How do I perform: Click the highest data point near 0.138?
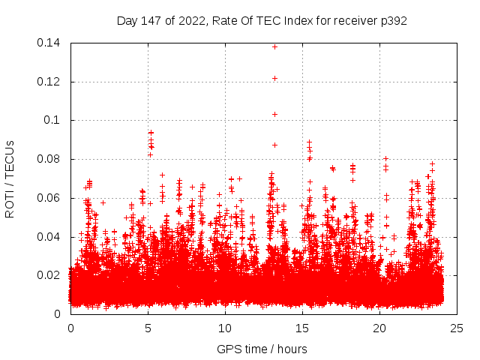274,46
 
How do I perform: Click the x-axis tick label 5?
148,328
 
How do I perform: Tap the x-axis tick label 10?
225,328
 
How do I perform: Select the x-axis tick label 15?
302,328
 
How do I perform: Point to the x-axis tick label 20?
379,328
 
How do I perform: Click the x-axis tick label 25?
457,328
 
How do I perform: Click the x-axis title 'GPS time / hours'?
262,349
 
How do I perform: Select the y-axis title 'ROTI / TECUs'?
10,178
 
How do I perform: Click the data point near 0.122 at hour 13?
274,78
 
